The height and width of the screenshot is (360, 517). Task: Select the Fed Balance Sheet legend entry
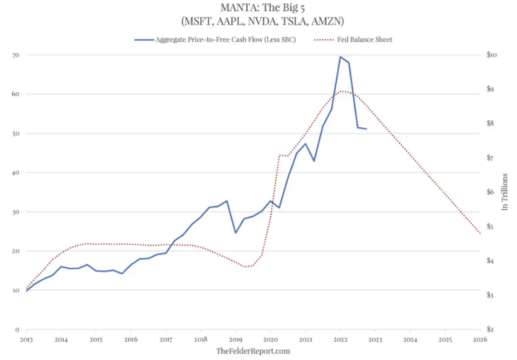click(372, 39)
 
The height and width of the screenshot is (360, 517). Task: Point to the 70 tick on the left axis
click(16, 55)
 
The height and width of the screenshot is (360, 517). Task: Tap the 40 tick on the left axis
click(16, 173)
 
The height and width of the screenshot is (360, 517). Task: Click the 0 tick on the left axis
click(17, 329)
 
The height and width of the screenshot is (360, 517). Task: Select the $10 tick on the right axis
click(492, 55)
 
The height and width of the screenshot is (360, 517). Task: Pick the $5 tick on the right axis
click(491, 227)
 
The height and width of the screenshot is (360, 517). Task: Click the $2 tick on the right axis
click(491, 329)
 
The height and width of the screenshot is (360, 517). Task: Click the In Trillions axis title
click(505, 192)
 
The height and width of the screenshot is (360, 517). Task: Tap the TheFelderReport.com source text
click(253, 351)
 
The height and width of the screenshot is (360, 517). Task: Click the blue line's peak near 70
click(340, 57)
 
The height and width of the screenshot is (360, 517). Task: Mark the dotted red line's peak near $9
click(341, 91)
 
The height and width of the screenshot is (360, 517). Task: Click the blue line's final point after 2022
click(366, 129)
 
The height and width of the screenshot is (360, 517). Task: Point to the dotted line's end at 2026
click(480, 233)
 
